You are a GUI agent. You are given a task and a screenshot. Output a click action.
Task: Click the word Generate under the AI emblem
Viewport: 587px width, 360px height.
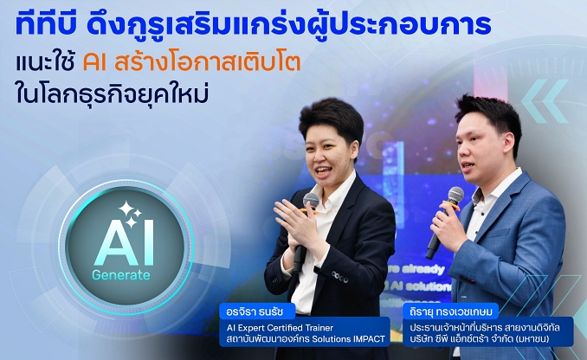click(121, 275)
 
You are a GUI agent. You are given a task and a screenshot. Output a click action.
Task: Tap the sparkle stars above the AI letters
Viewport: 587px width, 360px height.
click(129, 215)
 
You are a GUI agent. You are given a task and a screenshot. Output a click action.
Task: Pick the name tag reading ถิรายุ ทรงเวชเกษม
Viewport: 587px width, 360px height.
click(451, 312)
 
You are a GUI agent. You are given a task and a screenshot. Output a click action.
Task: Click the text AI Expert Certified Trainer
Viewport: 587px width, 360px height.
click(280, 328)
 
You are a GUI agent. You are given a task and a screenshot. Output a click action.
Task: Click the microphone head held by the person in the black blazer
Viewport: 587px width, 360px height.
click(311, 201)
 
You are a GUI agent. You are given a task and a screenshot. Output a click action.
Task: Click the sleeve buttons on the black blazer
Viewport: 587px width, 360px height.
click(340, 277)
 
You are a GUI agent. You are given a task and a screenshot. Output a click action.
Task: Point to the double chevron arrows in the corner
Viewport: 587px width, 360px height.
click(544, 101)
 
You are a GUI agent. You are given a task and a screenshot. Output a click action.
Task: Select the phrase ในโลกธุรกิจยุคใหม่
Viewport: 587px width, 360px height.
click(112, 93)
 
